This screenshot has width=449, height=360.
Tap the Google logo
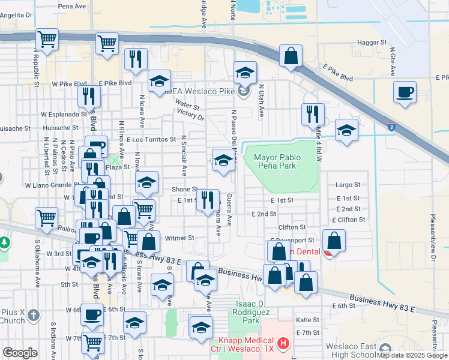pos(20,352)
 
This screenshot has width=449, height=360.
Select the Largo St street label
pos(348,185)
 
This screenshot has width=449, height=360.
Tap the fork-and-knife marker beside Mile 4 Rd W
pos(313,113)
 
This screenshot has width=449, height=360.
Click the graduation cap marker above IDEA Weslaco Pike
pos(244,73)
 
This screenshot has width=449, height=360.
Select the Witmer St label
pos(179,238)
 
